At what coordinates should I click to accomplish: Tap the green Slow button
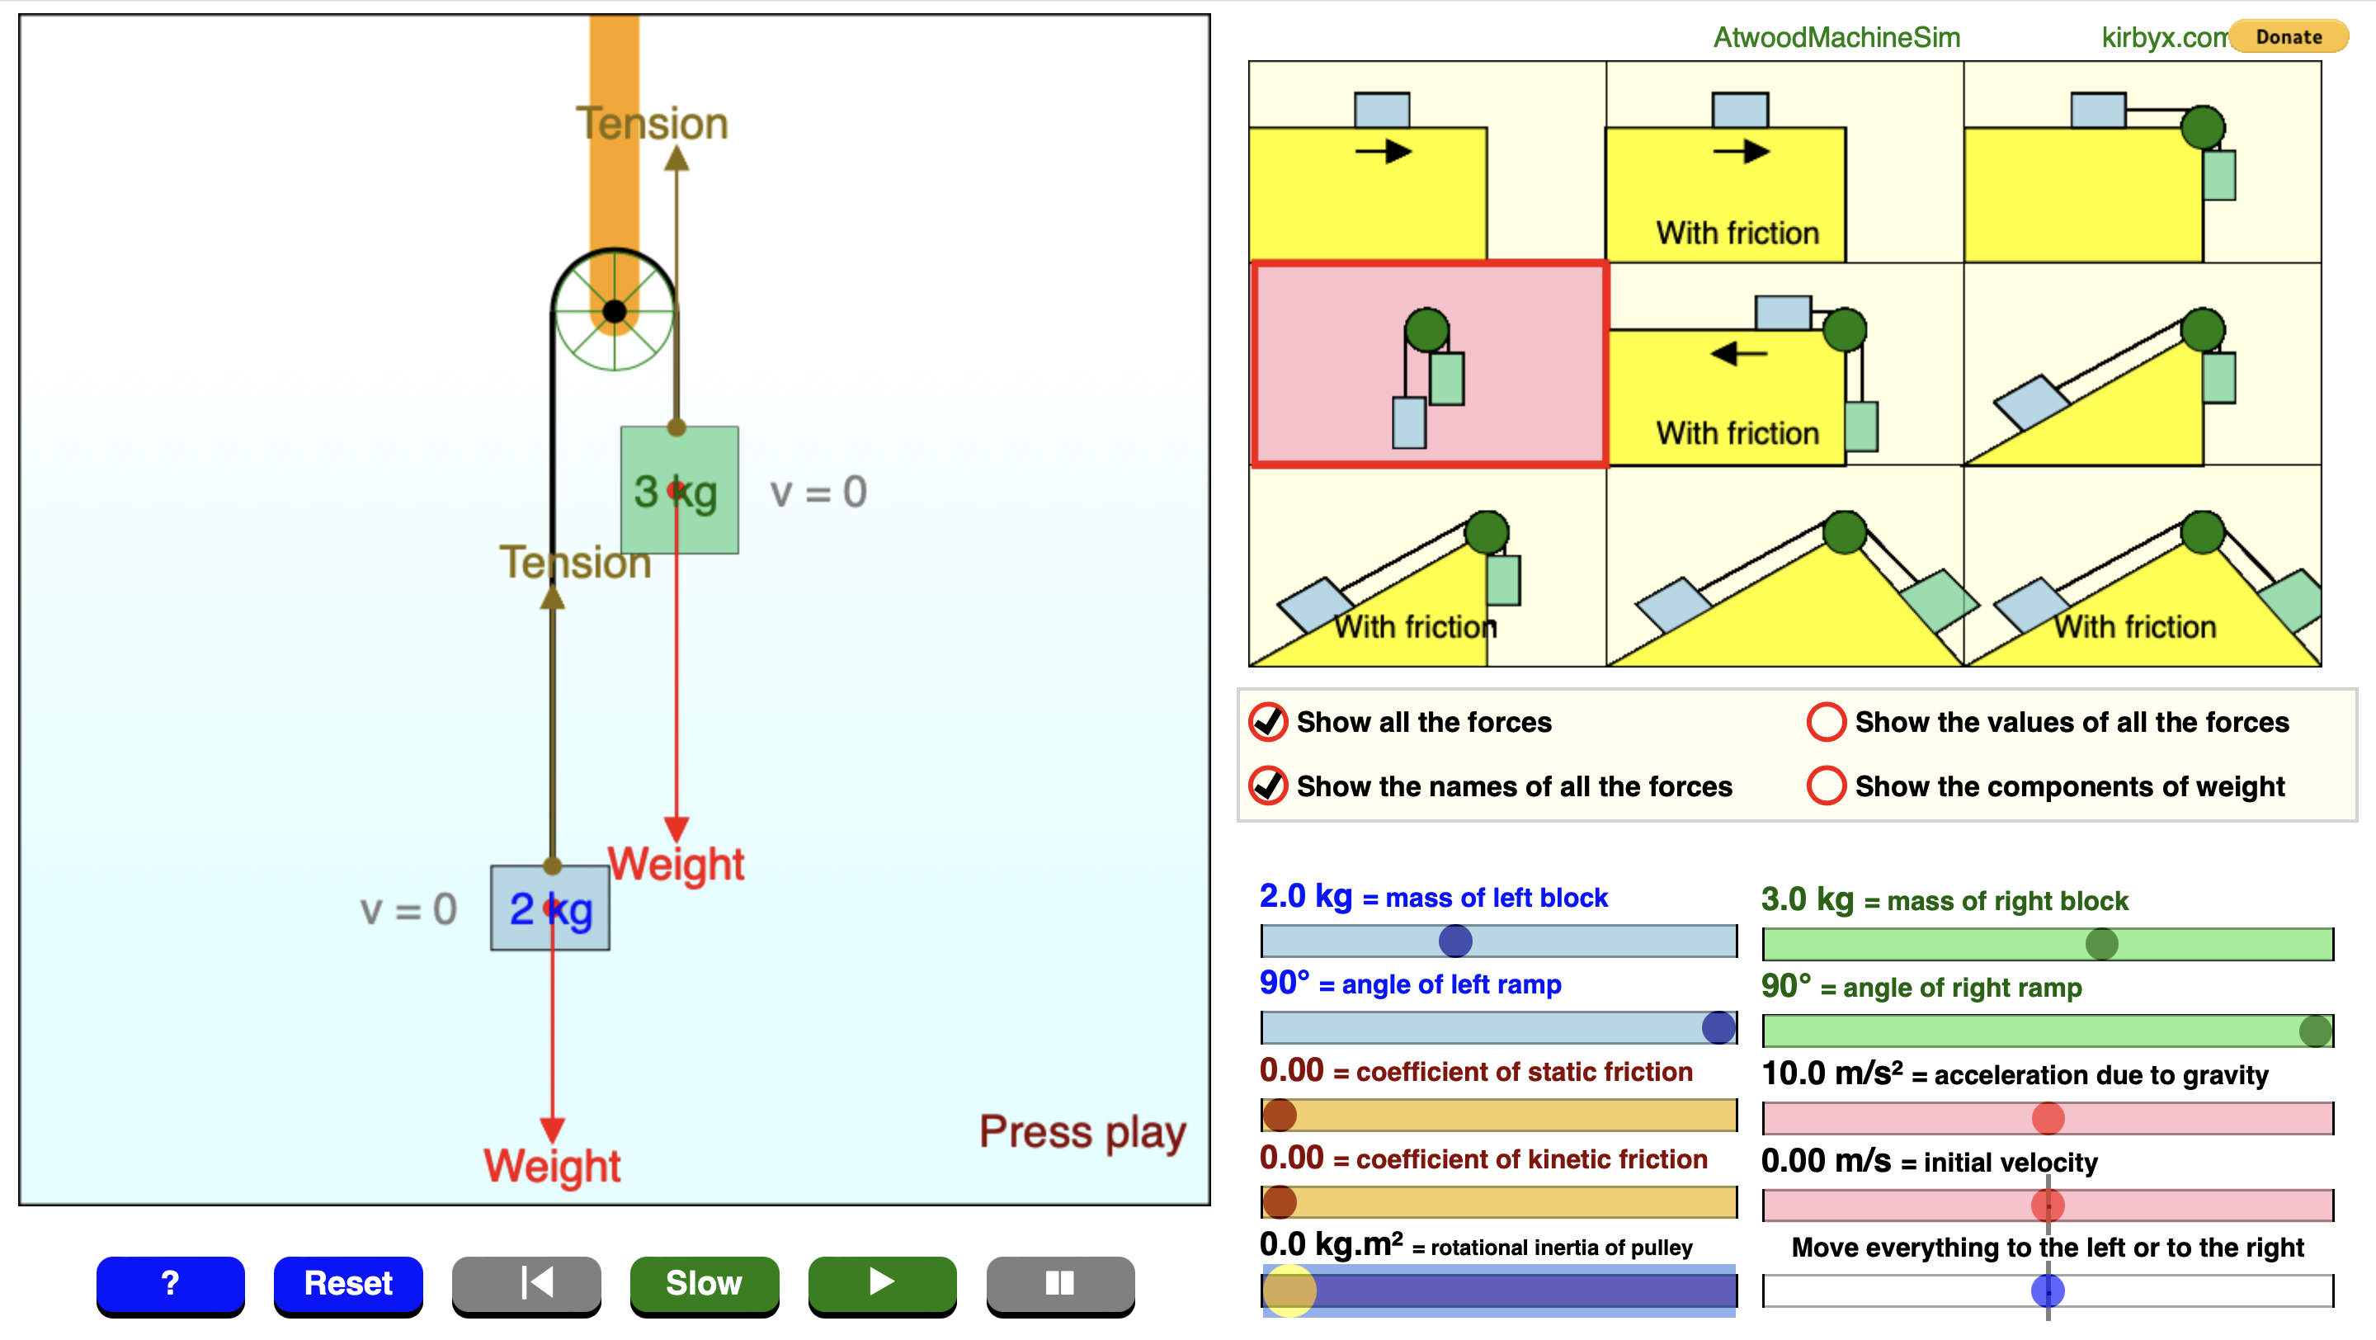pyautogui.click(x=704, y=1283)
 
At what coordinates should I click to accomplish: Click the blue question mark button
pyautogui.click(x=171, y=1283)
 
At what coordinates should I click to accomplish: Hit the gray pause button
pyautogui.click(x=1060, y=1283)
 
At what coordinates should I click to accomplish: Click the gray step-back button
pyautogui.click(x=526, y=1283)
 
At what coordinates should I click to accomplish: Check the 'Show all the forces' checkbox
pyautogui.click(x=1268, y=722)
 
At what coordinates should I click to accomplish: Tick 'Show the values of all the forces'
pyautogui.click(x=1827, y=722)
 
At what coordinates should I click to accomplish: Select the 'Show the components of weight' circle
pyautogui.click(x=1827, y=786)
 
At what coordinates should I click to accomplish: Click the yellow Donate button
pyautogui.click(x=2289, y=37)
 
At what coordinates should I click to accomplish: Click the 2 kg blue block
pyautogui.click(x=549, y=908)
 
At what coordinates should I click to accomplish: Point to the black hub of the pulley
pyautogui.click(x=615, y=312)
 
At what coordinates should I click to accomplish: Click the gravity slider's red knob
pyautogui.click(x=2048, y=1119)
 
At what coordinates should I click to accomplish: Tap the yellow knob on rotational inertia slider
pyautogui.click(x=1289, y=1290)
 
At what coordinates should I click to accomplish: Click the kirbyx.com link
pyautogui.click(x=2162, y=37)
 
